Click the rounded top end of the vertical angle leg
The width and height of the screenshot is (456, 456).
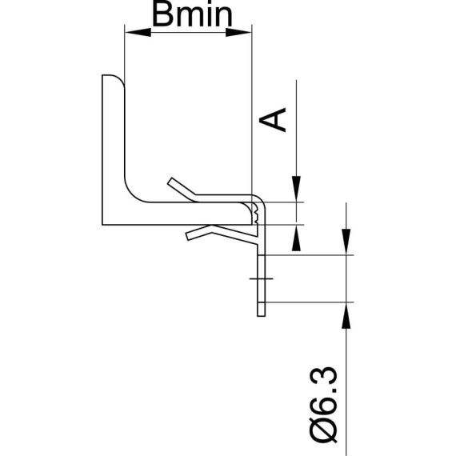point(112,78)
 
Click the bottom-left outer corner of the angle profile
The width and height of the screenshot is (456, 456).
point(105,224)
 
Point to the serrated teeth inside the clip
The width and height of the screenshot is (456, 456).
point(255,213)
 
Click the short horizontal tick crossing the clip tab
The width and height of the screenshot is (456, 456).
point(261,279)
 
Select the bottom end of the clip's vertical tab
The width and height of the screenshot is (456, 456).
point(261,314)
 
